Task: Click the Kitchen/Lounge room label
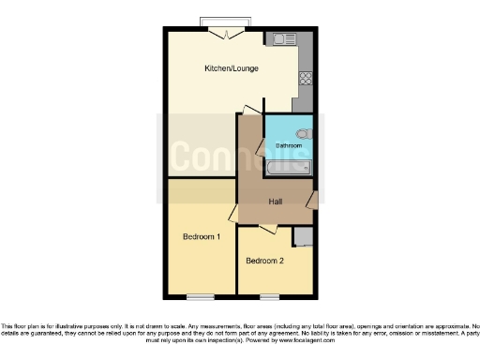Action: [x=232, y=68]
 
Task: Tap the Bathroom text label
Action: [x=288, y=146]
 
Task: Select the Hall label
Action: [x=277, y=202]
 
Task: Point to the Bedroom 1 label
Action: [x=202, y=237]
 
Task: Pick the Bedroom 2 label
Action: [x=264, y=261]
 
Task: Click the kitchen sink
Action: [x=284, y=38]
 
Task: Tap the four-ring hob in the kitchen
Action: [x=306, y=80]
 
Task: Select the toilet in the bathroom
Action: [x=305, y=133]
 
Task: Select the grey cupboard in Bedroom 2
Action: [x=302, y=236]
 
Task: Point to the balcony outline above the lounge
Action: [x=225, y=21]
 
